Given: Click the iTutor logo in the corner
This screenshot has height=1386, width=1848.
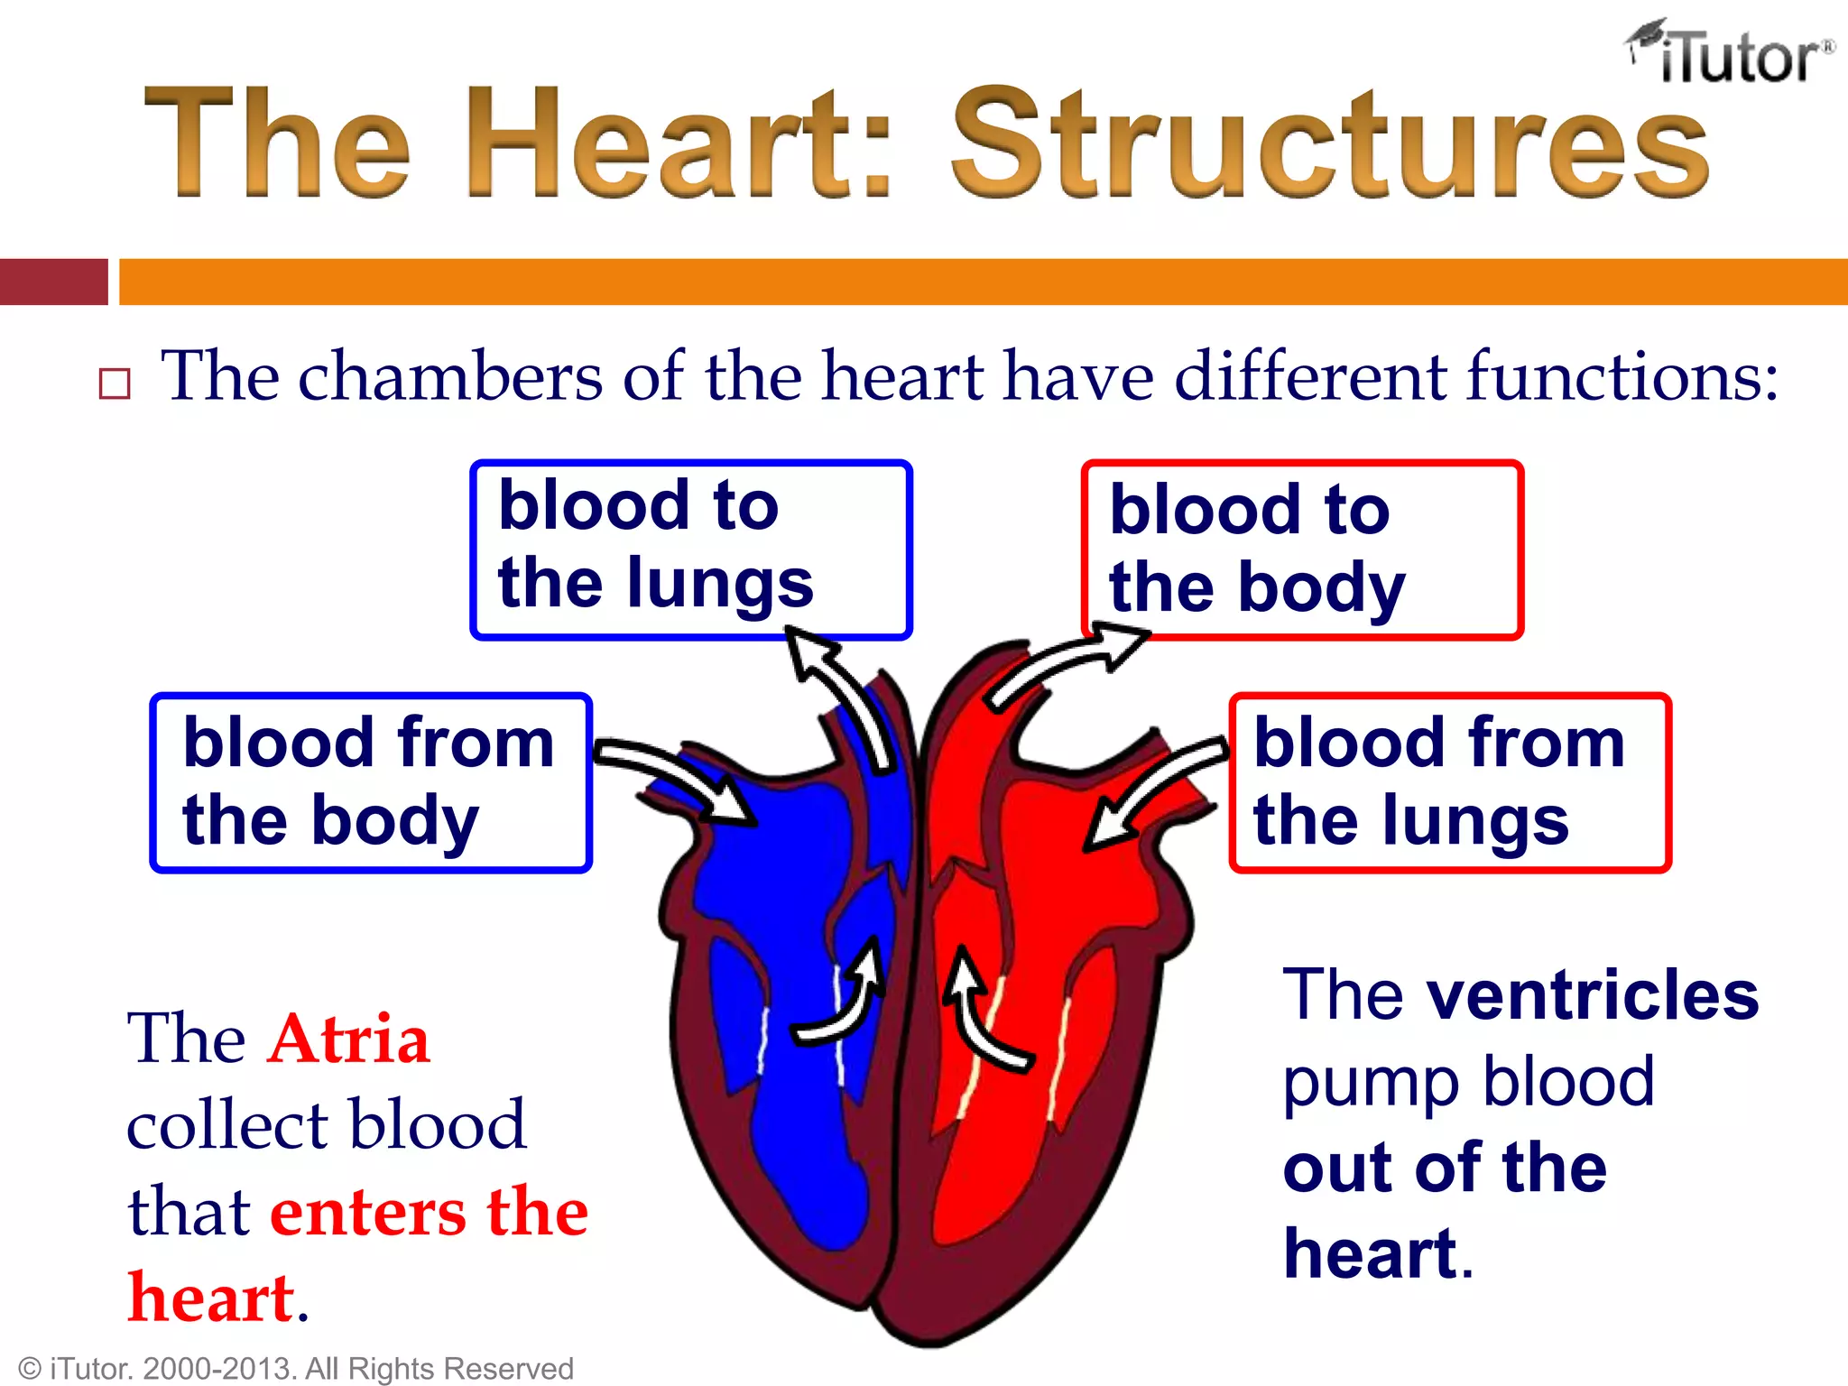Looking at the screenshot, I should click(x=1731, y=54).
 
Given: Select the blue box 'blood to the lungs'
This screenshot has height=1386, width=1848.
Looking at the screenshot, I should click(x=690, y=549).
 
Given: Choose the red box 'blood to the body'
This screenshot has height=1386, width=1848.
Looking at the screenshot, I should click(x=1301, y=549).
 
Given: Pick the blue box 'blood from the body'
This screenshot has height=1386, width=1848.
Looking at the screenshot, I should click(x=370, y=781).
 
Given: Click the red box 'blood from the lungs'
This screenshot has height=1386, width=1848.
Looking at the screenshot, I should click(x=1449, y=781).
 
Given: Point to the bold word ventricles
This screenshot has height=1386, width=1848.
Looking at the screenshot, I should click(x=1593, y=995).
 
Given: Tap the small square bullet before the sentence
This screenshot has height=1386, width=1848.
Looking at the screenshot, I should click(x=115, y=383).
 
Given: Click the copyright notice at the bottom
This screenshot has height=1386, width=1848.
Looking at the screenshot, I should click(x=296, y=1368).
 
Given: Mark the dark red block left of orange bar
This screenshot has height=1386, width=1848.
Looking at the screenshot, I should click(x=54, y=282).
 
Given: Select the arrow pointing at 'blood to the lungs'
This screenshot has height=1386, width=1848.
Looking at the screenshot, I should click(x=844, y=695).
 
